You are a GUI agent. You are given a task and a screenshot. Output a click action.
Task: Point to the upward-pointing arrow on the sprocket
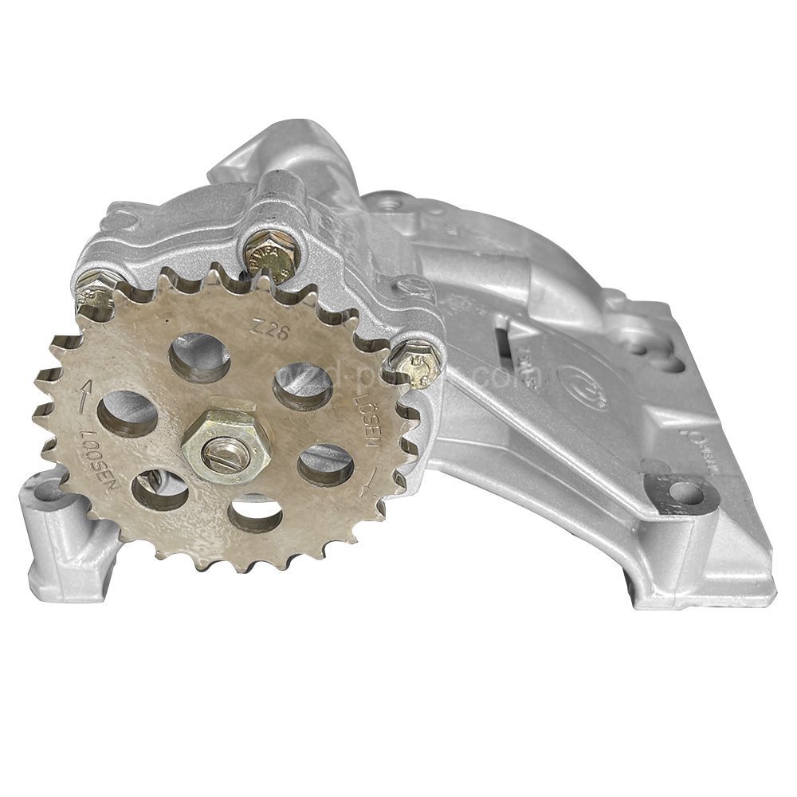[x=85, y=390]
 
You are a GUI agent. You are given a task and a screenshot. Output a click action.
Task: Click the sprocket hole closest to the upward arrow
[x=128, y=413]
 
